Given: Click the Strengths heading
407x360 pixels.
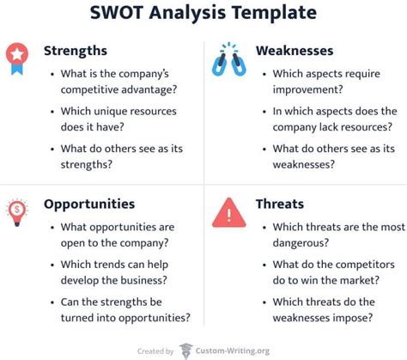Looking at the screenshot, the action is pyautogui.click(x=76, y=52).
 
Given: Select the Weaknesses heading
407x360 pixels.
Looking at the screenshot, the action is pyautogui.click(x=295, y=51).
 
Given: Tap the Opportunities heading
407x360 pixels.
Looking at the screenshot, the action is pyautogui.click(x=89, y=204).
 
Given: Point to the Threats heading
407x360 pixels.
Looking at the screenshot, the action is pyautogui.click(x=280, y=204).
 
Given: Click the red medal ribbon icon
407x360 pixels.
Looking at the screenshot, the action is pyautogui.click(x=17, y=58).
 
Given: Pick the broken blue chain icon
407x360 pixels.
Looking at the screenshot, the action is pyautogui.click(x=229, y=59).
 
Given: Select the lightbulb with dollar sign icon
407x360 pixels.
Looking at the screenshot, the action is pyautogui.click(x=17, y=212).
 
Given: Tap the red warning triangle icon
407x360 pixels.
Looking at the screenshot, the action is pyautogui.click(x=229, y=212).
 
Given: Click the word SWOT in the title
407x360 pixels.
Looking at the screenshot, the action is pyautogui.click(x=117, y=13).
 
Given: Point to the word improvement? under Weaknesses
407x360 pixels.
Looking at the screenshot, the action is pyautogui.click(x=307, y=89).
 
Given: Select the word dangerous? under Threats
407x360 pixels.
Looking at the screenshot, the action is pyautogui.click(x=301, y=243).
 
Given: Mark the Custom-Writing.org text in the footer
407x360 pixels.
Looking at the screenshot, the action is pyautogui.click(x=233, y=351).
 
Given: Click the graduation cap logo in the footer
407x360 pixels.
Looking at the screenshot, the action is pyautogui.click(x=185, y=351).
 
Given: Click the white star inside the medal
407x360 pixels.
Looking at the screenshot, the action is pyautogui.click(x=17, y=54).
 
